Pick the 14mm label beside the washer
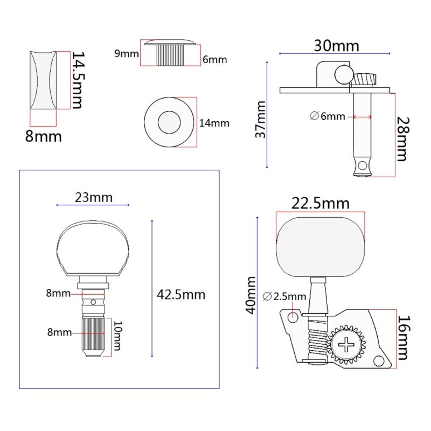(214, 123)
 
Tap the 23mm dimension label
(93, 197)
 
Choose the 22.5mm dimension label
(320, 204)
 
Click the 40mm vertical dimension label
(251, 296)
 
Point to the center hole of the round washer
(168, 123)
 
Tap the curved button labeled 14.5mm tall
(43, 80)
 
